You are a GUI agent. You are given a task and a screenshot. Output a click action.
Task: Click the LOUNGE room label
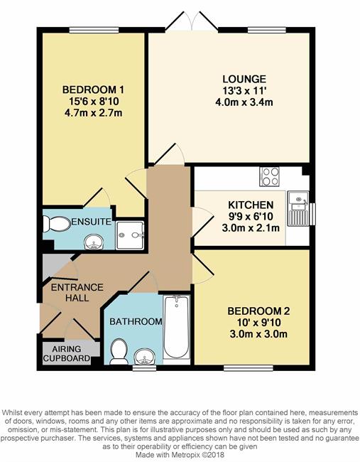tap(244, 79)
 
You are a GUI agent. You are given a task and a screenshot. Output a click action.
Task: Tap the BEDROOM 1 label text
tap(93, 90)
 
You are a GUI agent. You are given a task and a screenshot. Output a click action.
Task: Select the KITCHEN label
tap(251, 205)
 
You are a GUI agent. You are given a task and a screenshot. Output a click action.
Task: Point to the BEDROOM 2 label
tap(258, 311)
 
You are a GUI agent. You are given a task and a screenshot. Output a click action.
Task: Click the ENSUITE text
tap(92, 222)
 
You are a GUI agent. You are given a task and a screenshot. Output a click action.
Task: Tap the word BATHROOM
tap(136, 321)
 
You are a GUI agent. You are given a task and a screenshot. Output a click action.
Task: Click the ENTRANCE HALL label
tap(77, 292)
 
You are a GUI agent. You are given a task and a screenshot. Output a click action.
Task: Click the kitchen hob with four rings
tap(269, 176)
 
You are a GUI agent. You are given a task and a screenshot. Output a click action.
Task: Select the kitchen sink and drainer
tap(298, 208)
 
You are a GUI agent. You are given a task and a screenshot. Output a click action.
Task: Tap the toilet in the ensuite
tap(57, 224)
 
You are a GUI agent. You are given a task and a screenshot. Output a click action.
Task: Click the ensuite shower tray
tap(130, 235)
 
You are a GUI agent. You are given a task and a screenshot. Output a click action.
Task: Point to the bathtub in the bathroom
tap(176, 326)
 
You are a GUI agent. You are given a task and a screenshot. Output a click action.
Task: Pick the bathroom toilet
tap(119, 351)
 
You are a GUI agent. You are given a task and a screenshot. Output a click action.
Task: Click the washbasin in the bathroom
tap(144, 357)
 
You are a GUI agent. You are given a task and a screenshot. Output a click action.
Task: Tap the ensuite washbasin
tap(94, 242)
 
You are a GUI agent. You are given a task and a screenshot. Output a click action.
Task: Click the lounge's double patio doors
tap(192, 21)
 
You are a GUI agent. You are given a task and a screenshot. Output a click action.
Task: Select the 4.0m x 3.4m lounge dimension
tap(244, 102)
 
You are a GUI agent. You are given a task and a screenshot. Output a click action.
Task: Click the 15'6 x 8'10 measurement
tap(94, 102)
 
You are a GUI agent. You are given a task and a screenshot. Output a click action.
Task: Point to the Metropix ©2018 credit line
tap(180, 455)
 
